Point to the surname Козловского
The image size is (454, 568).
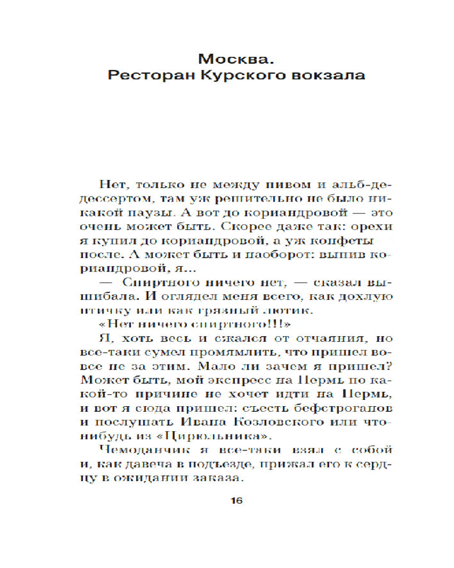pyautogui.click(x=258, y=421)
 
